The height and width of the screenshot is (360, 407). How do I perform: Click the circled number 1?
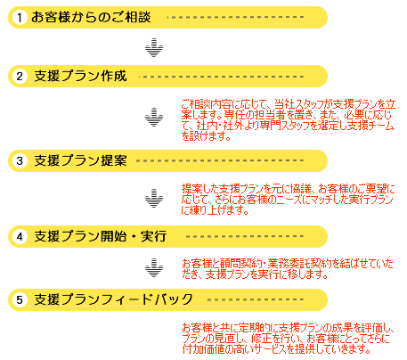pyautogui.click(x=20, y=18)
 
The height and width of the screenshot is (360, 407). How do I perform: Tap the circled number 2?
pyautogui.click(x=20, y=77)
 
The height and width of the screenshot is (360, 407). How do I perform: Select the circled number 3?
pyautogui.click(x=20, y=161)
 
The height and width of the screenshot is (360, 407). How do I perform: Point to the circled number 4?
pyautogui.click(x=20, y=237)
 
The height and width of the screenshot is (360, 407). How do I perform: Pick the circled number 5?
pyautogui.click(x=20, y=300)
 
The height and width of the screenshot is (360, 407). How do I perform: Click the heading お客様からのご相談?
pyautogui.click(x=91, y=17)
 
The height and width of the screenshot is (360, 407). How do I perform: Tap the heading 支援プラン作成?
pyautogui.click(x=80, y=76)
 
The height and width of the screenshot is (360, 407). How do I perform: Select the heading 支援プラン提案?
pyautogui.click(x=80, y=160)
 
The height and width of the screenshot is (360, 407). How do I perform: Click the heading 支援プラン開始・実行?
pyautogui.click(x=101, y=236)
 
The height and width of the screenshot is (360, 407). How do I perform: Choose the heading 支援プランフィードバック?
pyautogui.click(x=113, y=299)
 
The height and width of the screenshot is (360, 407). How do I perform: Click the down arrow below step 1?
pyautogui.click(x=154, y=47)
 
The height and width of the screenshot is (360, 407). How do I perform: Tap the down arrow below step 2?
pyautogui.click(x=154, y=118)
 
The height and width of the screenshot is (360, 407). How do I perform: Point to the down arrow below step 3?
pyautogui.click(x=154, y=198)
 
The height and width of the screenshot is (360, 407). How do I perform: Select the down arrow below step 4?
pyautogui.click(x=154, y=268)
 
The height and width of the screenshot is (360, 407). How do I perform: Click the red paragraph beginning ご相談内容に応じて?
pyautogui.click(x=289, y=120)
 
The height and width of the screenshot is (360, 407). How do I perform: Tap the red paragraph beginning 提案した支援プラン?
pyautogui.click(x=288, y=199)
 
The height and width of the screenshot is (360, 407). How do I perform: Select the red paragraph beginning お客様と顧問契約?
pyautogui.click(x=288, y=269)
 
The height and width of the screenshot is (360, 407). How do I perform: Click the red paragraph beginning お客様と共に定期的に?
pyautogui.click(x=288, y=339)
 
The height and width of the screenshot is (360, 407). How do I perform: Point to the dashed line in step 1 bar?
pyautogui.click(x=235, y=17)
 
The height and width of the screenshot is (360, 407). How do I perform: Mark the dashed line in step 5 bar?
pyautogui.click(x=256, y=299)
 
